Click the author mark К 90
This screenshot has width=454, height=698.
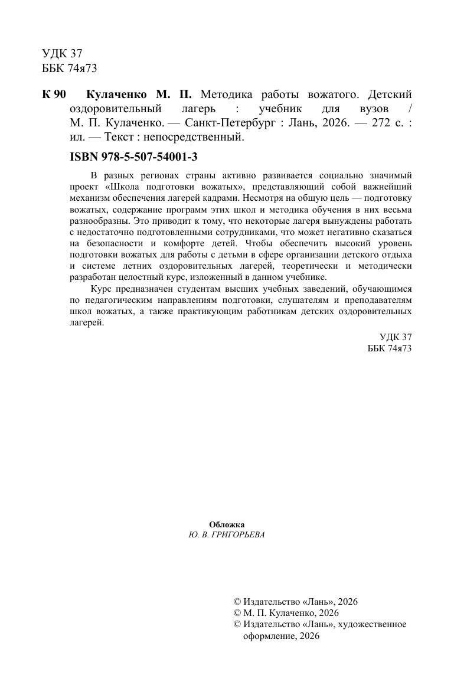[54, 94]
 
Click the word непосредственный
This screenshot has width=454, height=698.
[196, 138]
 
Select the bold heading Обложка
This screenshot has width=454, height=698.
[227, 524]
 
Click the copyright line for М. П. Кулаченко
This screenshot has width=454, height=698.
[287, 613]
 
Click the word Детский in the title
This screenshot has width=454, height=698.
[389, 94]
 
